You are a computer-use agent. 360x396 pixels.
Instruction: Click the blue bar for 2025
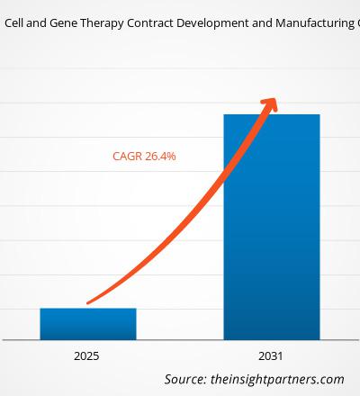[87, 323]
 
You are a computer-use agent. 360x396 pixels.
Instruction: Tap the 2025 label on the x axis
[87, 356]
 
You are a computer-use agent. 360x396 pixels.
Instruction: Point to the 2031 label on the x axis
[271, 356]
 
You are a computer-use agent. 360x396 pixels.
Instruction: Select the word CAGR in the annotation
[127, 156]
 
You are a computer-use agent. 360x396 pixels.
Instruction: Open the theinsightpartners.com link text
[278, 379]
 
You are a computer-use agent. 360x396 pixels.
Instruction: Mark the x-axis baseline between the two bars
[180, 339]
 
